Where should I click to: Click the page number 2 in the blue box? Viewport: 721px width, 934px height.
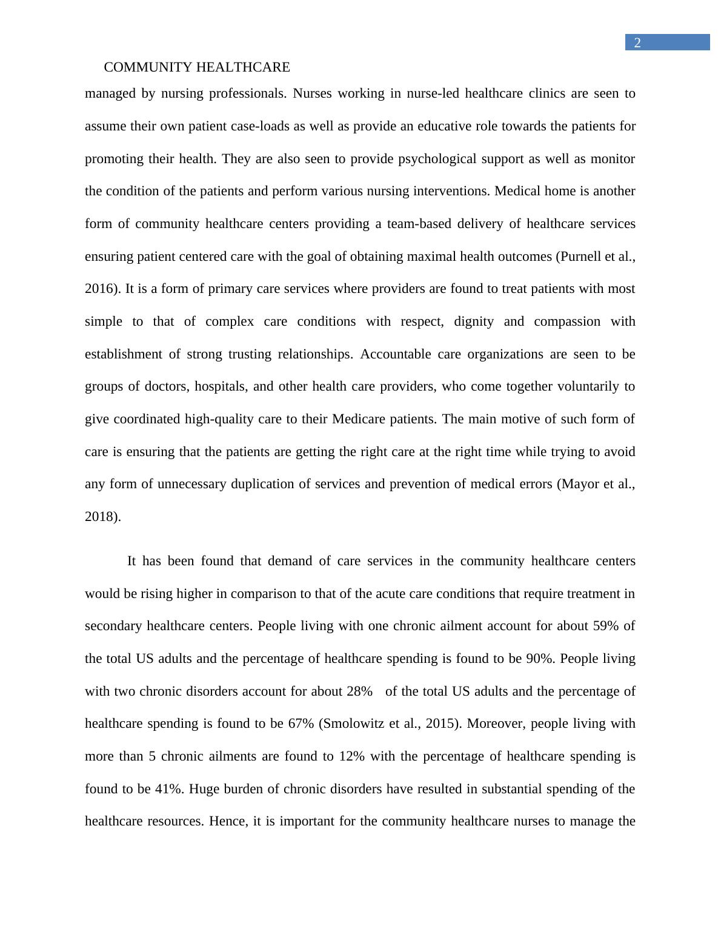[x=637, y=43]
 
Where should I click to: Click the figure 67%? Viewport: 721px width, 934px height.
[x=301, y=724]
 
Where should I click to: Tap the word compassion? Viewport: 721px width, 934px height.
[x=567, y=321]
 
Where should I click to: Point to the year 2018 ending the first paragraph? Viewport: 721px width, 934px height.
[x=101, y=517]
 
